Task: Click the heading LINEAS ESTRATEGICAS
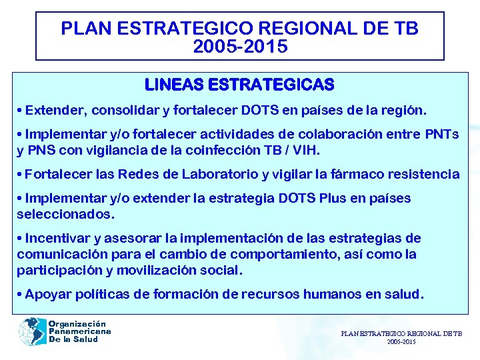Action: click(239, 85)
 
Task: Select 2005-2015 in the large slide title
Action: click(239, 47)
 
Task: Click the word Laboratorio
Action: click(222, 174)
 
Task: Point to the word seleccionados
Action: click(65, 214)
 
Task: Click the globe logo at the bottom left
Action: click(31, 331)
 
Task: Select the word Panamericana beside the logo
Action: click(79, 331)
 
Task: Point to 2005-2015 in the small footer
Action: click(401, 341)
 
